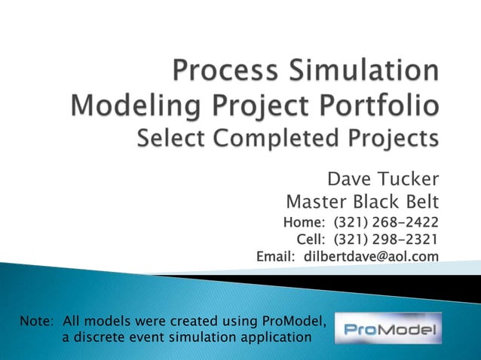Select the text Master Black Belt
(363, 203)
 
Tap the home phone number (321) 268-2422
(385, 222)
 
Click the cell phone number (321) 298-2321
(385, 239)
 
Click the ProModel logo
(388, 328)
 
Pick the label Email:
(278, 257)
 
